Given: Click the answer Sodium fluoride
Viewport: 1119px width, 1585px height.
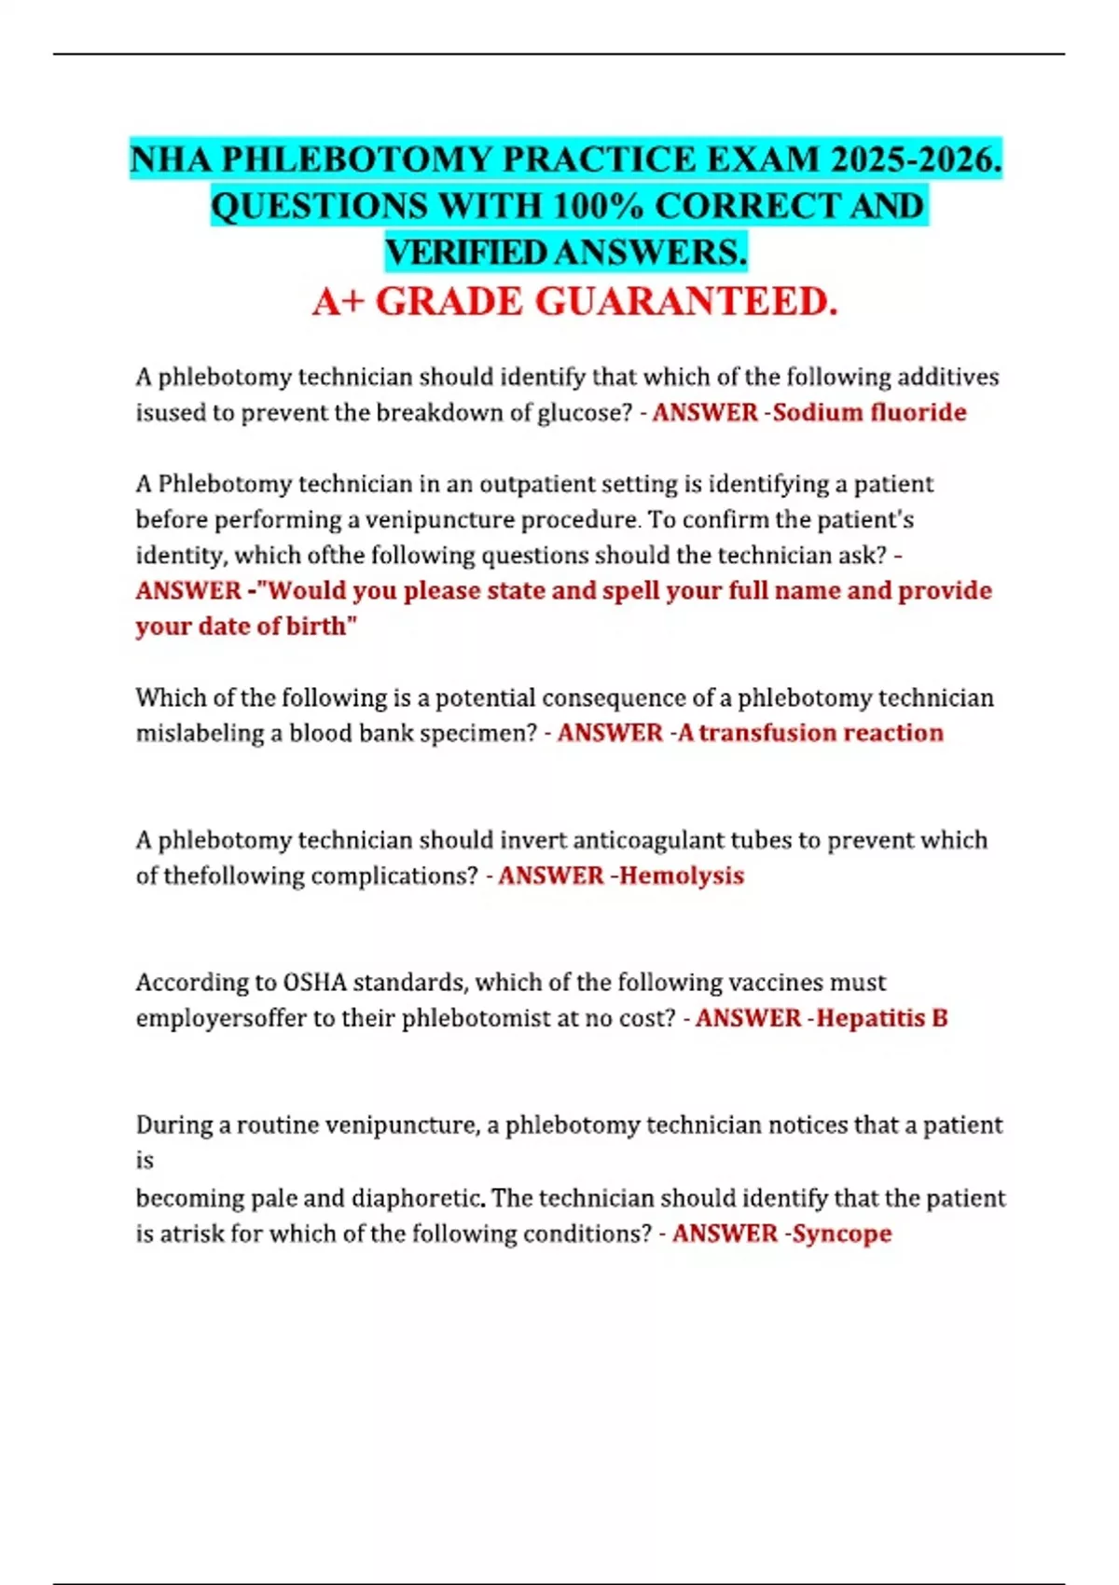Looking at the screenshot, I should click(x=869, y=412).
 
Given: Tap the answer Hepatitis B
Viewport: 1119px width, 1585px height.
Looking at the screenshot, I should click(x=882, y=1018).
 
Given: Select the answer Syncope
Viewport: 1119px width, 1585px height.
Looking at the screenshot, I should click(x=842, y=1234).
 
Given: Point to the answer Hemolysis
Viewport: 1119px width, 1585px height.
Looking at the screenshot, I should click(x=682, y=875).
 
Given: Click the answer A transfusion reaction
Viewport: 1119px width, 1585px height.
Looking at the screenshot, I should click(x=810, y=733).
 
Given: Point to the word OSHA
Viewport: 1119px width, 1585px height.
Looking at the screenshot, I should click(x=314, y=983).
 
